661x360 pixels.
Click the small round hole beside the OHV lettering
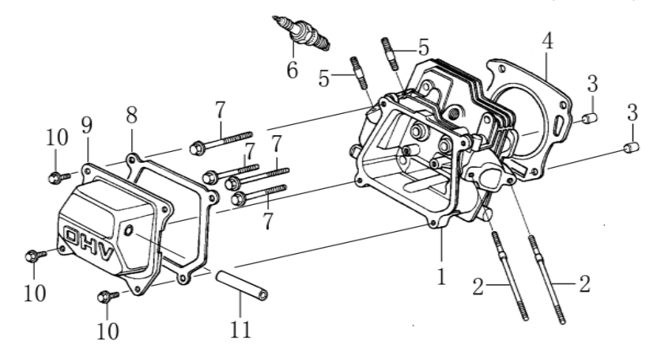(129, 231)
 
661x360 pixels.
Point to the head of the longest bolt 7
(196, 146)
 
